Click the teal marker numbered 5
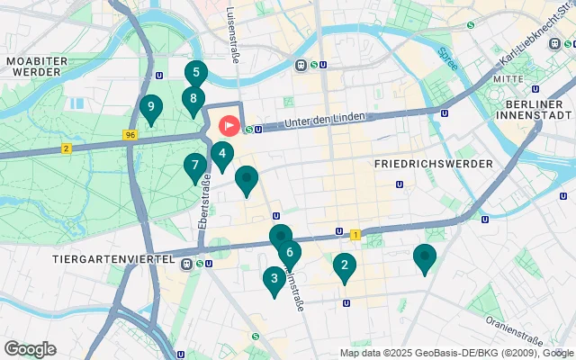[x=195, y=73]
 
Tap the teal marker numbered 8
[x=193, y=99]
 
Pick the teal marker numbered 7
[x=194, y=166]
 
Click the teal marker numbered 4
[x=221, y=154]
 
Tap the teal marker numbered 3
[x=274, y=279]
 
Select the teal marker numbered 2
[x=343, y=265]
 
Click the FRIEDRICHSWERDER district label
[x=433, y=164]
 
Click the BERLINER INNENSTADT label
[x=534, y=109]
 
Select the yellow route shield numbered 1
[x=355, y=234]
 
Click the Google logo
[x=30, y=349]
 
